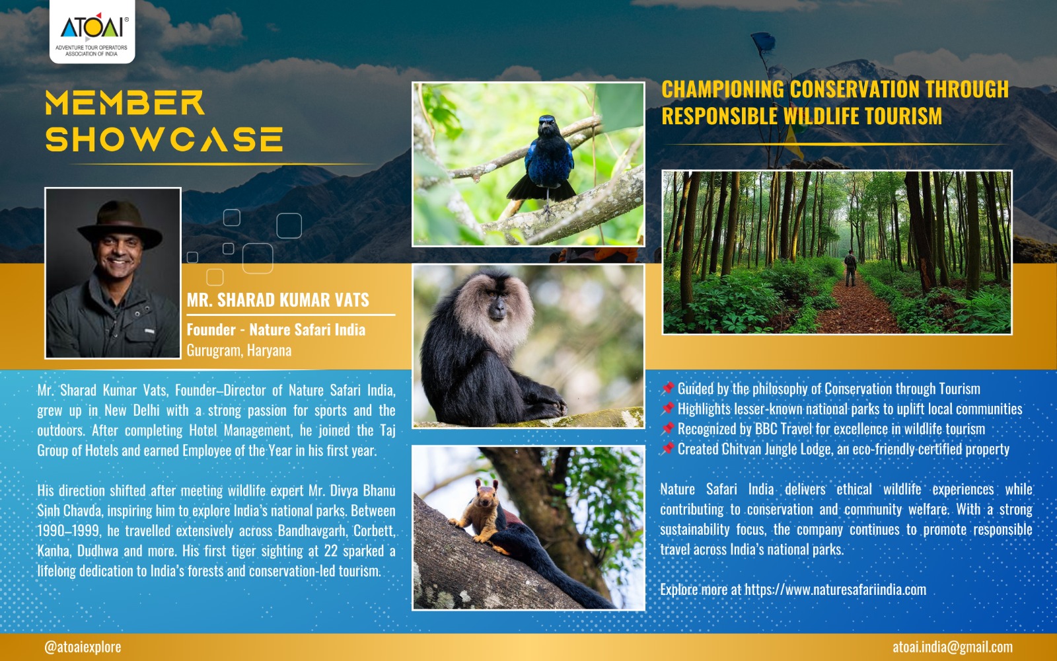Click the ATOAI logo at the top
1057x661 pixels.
coord(92,31)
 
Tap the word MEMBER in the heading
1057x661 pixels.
coord(125,102)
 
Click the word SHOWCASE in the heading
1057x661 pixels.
coord(164,139)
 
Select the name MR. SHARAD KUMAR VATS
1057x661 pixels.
coord(278,300)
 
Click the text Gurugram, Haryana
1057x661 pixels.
coord(238,350)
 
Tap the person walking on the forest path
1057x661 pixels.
coord(850,268)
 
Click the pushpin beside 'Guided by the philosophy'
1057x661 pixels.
coord(667,389)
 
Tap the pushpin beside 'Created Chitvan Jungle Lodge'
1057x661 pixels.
coord(667,449)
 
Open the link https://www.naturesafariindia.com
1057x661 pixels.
coord(835,589)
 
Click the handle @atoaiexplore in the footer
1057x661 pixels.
coord(83,647)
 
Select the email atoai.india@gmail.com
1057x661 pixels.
coord(952,646)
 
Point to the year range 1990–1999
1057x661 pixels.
coord(69,531)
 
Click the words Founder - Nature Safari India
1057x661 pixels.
coord(276,330)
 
